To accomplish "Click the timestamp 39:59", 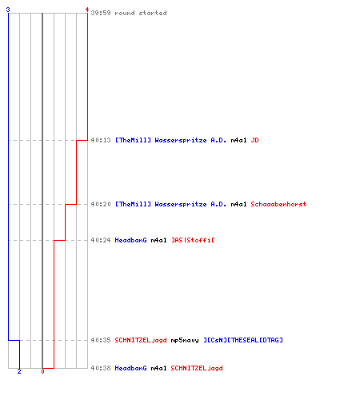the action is coord(101,13).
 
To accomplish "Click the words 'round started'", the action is coord(141,13).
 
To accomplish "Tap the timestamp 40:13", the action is coord(101,140).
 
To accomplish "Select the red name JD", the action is coord(254,140).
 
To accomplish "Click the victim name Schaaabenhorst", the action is coord(278,204).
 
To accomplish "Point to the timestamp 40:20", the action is coord(101,204).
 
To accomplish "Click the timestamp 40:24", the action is coord(101,240).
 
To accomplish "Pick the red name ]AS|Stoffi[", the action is coord(193,240).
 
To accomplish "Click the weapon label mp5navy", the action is coord(185,340).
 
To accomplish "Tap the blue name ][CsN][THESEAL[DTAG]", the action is coord(243,340).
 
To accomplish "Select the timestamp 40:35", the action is coord(101,340).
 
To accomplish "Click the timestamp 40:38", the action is coord(101,368).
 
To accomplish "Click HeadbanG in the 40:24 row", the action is coord(130,240).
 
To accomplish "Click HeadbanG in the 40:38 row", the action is coord(130,368).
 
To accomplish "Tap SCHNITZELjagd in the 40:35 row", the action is coord(141,340).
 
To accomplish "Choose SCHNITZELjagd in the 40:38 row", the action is coord(197,368).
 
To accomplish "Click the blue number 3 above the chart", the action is coord(8,10).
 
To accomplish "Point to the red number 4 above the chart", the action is coord(87,10).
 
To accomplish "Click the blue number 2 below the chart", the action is coord(19,371).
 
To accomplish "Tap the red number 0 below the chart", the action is coord(42,371).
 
